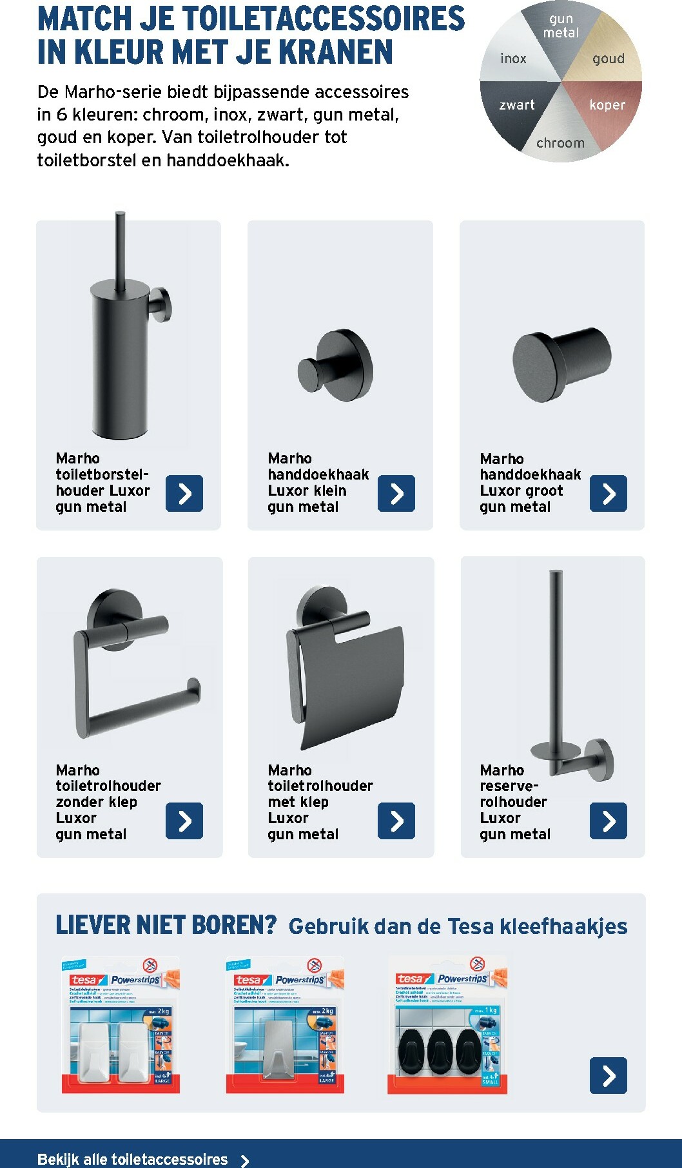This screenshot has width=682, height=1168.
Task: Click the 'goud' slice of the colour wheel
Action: pyautogui.click(x=609, y=59)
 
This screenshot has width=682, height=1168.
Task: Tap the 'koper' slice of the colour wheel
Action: pyautogui.click(x=607, y=104)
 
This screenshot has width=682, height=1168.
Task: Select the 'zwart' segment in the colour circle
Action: pyautogui.click(x=517, y=104)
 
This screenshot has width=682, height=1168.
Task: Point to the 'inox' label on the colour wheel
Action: pyautogui.click(x=513, y=59)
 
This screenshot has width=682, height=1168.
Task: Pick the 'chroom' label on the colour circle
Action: pyautogui.click(x=560, y=142)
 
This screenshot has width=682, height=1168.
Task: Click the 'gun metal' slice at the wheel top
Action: pyautogui.click(x=561, y=26)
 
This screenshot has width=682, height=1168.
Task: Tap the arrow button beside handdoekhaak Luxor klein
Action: pyautogui.click(x=396, y=494)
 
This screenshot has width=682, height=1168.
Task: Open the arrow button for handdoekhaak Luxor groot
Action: pyautogui.click(x=608, y=494)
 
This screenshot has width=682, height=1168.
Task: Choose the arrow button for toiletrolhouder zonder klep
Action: pyautogui.click(x=184, y=821)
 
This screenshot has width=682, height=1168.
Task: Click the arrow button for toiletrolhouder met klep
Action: pyautogui.click(x=396, y=821)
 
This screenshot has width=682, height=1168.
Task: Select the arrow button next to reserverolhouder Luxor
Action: pyautogui.click(x=608, y=821)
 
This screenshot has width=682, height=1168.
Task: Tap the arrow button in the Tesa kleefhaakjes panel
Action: pyautogui.click(x=608, y=1075)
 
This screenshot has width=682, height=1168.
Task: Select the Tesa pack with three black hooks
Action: pyautogui.click(x=447, y=1026)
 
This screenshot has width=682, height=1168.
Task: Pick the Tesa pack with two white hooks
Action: pyautogui.click(x=120, y=1026)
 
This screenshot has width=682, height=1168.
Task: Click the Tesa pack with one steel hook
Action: pyautogui.click(x=284, y=1026)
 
